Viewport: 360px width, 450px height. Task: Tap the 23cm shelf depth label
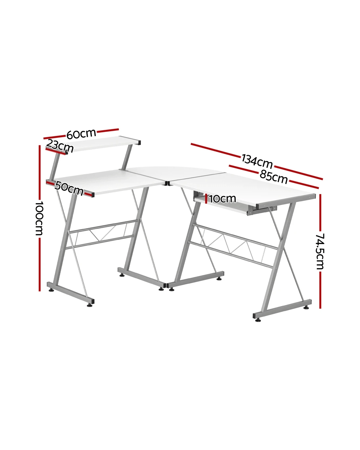[60, 146]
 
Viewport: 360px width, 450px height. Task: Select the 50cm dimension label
[69, 188]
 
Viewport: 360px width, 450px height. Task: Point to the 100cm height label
[39, 218]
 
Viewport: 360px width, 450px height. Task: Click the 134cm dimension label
[257, 161]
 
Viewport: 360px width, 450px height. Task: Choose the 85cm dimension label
[273, 177]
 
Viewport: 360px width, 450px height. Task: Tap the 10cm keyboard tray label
[222, 199]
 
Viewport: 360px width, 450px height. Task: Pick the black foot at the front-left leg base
[90, 305]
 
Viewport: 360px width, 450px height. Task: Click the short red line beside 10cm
[206, 199]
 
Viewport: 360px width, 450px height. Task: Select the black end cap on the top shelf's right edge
[139, 143]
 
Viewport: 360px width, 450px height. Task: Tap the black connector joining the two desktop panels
[167, 184]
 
